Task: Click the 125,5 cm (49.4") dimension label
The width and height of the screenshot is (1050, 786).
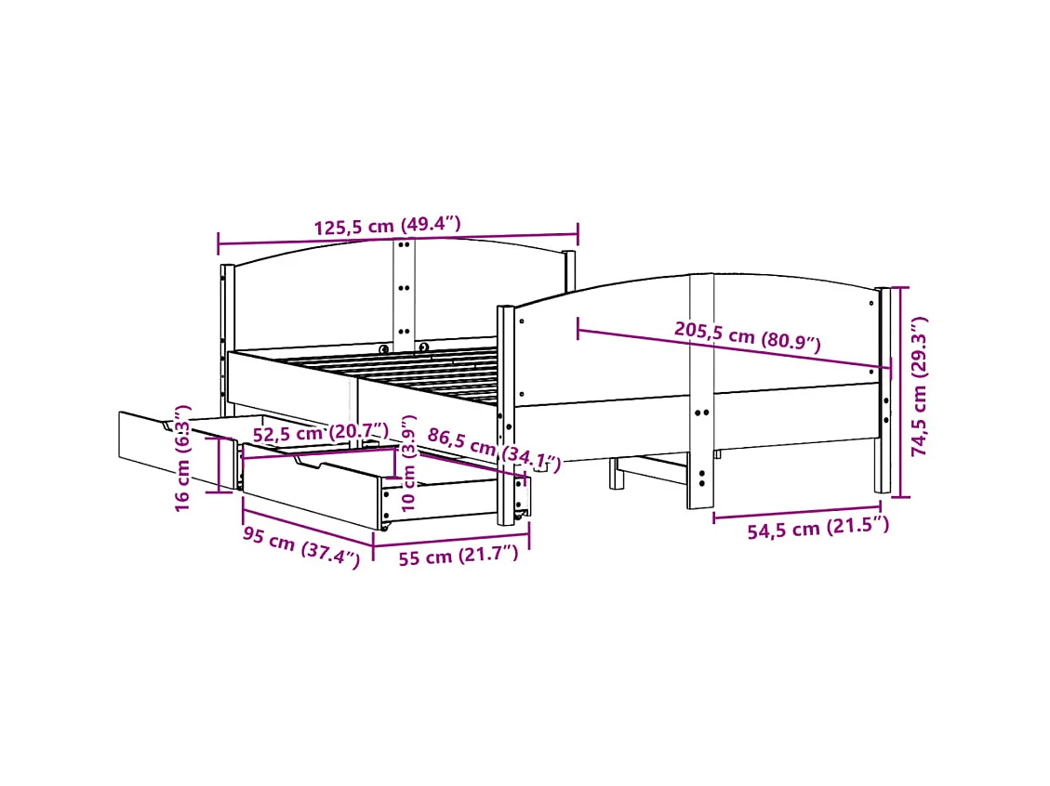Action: click(386, 227)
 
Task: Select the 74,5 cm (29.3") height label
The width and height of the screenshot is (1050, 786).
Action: click(919, 386)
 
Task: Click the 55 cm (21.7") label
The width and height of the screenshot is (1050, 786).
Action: click(458, 557)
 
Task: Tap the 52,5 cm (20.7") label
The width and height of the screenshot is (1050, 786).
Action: click(321, 432)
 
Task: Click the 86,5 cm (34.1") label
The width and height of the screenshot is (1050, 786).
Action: click(494, 447)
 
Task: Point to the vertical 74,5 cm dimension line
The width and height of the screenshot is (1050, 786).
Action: click(898, 390)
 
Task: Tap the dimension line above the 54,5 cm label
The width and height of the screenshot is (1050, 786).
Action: click(796, 514)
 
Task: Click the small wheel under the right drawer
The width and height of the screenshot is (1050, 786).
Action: click(382, 527)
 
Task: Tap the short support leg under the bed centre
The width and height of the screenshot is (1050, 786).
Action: click(615, 473)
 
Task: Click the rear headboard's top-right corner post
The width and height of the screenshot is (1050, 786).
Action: click(568, 269)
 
